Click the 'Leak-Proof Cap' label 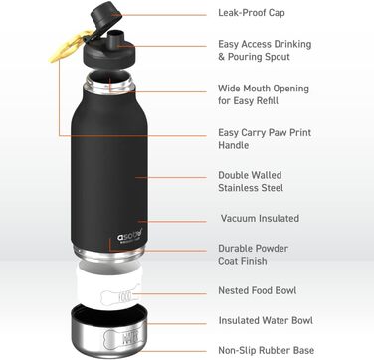coord(252,13)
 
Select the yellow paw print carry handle coord(72,46)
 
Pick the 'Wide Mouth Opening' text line coord(264,89)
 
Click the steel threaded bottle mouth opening coord(109,82)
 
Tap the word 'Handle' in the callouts coord(233,145)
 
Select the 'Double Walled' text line coord(250,175)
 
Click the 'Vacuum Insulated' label coord(260,219)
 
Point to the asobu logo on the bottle coord(129,236)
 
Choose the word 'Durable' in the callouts coord(236,249)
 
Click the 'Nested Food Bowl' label coord(258,290)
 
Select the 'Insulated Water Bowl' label coord(266,321)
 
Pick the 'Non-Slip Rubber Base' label coord(267,350)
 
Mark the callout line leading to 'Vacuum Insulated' coord(172,221)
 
